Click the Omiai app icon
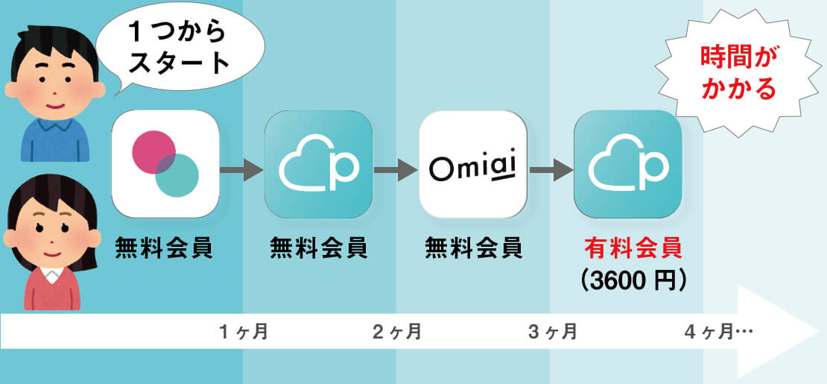[473, 164]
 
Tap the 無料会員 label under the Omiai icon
[473, 248]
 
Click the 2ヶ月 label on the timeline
[397, 332]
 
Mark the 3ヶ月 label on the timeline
[552, 332]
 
